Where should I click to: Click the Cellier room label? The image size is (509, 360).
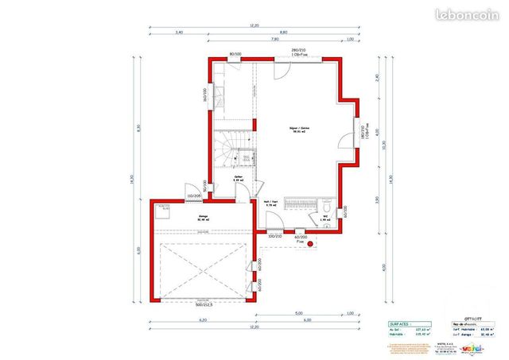coord(238,179)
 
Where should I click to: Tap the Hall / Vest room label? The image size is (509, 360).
coord(270,203)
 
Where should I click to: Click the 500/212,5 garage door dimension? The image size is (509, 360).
coord(205,304)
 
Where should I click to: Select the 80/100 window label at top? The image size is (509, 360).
coord(235,54)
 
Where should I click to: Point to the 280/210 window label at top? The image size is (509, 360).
coord(299,52)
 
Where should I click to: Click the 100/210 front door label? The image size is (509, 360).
coord(274,236)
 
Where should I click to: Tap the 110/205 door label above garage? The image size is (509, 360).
coord(193,195)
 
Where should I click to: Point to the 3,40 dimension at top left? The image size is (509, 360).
coord(178,33)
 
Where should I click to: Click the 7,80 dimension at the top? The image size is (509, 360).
coord(274,38)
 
